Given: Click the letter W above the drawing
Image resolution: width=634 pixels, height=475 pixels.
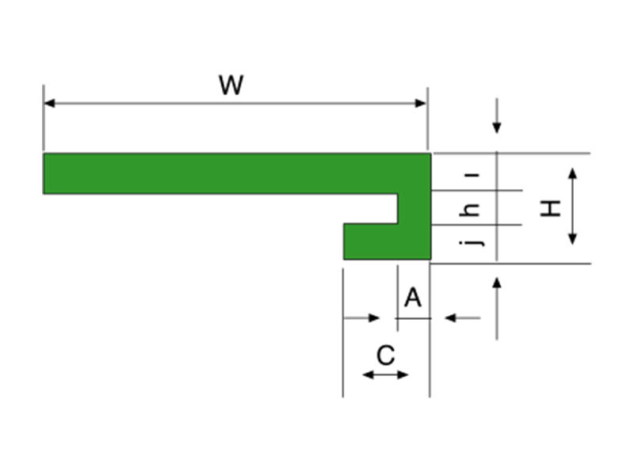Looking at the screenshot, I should (231, 85).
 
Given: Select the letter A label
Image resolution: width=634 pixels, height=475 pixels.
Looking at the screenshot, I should (413, 298).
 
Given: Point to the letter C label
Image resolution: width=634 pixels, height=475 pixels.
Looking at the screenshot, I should (385, 355).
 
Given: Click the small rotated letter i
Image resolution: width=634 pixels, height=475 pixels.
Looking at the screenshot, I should (473, 173).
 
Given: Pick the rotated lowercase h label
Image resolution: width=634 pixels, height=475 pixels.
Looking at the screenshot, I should (472, 210).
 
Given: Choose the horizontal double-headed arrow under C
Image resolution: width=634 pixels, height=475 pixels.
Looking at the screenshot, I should (385, 374).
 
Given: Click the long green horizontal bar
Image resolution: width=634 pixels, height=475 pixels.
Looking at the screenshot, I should (222, 173).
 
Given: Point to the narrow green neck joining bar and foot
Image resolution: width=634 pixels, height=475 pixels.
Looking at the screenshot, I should (414, 208).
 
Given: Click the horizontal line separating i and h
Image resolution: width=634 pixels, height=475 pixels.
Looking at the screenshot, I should (475, 190).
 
